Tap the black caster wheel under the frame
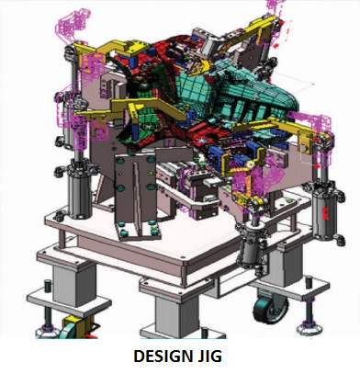click(271, 310)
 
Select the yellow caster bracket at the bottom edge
click(76, 327)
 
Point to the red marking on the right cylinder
click(326, 212)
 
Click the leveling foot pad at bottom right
click(309, 329)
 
